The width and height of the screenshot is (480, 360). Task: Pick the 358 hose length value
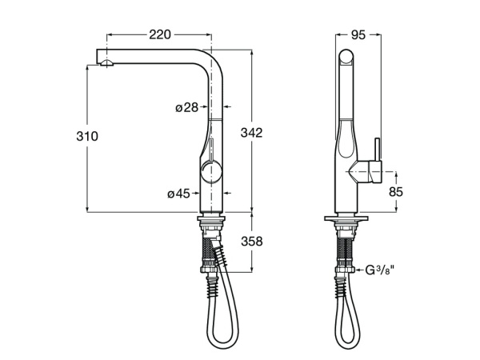click(x=252, y=241)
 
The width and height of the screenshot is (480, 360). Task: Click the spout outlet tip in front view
click(x=102, y=61)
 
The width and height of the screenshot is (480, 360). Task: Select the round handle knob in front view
click(x=211, y=170)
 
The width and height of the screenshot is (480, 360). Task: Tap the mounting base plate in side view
click(x=346, y=218)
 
